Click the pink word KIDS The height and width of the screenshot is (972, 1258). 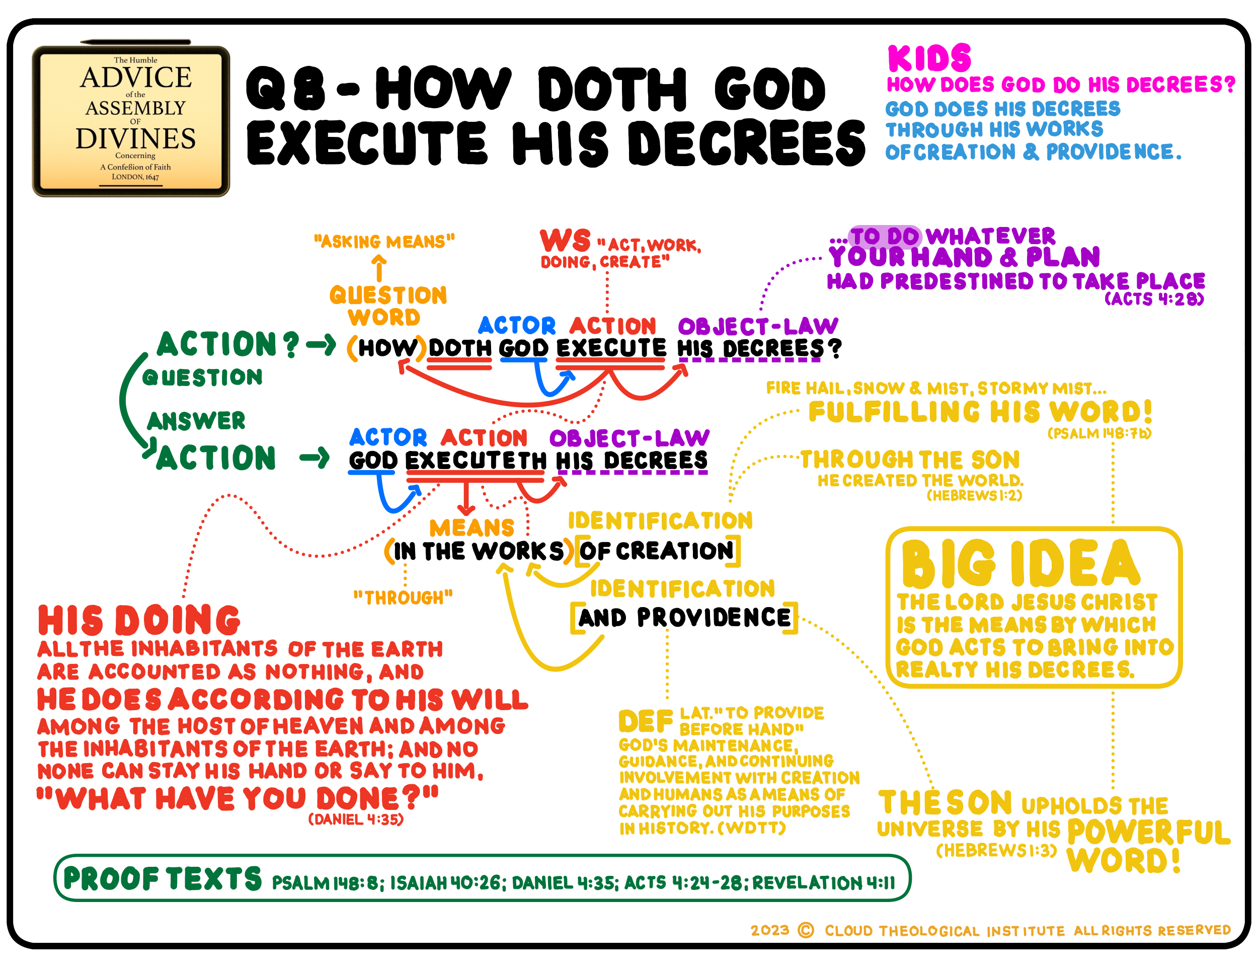pyautogui.click(x=928, y=58)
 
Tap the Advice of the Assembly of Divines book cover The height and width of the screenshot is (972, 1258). pyautogui.click(x=131, y=121)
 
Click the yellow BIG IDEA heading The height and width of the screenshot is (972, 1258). pyautogui.click(x=1020, y=563)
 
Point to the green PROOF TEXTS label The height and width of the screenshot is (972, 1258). pyautogui.click(x=163, y=879)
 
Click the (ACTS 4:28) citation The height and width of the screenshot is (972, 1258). pyautogui.click(x=1154, y=299)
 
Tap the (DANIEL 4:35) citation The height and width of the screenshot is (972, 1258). pyautogui.click(x=355, y=819)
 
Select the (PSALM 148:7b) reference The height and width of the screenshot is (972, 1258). pyautogui.click(x=1099, y=433)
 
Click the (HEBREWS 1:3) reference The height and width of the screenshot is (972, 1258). pyautogui.click(x=996, y=850)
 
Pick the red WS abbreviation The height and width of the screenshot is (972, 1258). pyautogui.click(x=565, y=240)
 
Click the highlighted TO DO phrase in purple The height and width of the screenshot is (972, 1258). pyautogui.click(x=885, y=236)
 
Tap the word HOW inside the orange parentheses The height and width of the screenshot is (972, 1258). pyautogui.click(x=387, y=348)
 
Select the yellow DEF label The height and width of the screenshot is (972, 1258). pyautogui.click(x=645, y=721)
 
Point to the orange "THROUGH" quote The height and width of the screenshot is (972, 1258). pyautogui.click(x=403, y=597)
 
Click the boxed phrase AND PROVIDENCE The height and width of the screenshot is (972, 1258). pyautogui.click(x=684, y=618)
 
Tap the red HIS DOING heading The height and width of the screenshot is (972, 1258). pyautogui.click(x=139, y=621)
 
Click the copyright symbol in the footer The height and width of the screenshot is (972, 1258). pyautogui.click(x=806, y=930)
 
